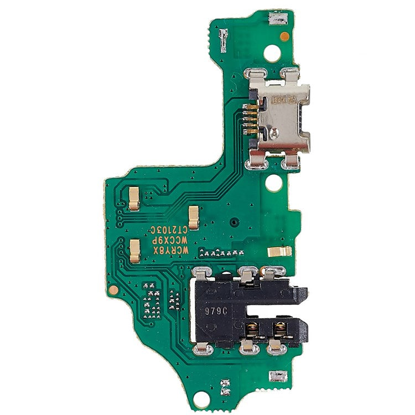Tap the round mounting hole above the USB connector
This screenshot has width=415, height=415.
272,53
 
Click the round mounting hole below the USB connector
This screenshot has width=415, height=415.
273,183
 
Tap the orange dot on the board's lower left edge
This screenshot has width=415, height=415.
114,289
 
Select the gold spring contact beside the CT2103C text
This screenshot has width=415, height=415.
194,217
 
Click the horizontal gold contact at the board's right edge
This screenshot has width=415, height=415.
279,251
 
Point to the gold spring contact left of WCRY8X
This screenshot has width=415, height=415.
134,250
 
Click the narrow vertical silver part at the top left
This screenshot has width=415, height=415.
223,39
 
